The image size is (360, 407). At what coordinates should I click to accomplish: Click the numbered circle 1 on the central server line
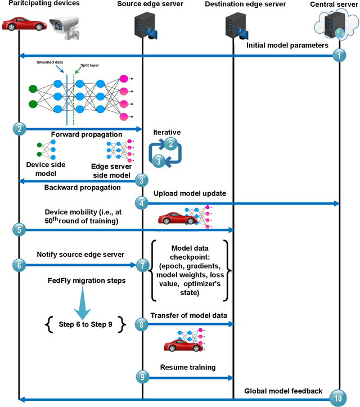pyautogui.click(x=339, y=56)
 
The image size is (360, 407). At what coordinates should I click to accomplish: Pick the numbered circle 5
pyautogui.click(x=19, y=229)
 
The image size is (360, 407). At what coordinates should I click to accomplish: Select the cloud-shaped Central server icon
pyautogui.click(x=337, y=27)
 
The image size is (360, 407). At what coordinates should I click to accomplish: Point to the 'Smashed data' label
pyautogui.click(x=51, y=63)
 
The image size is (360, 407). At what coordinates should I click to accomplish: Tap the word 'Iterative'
pyautogui.click(x=168, y=132)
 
